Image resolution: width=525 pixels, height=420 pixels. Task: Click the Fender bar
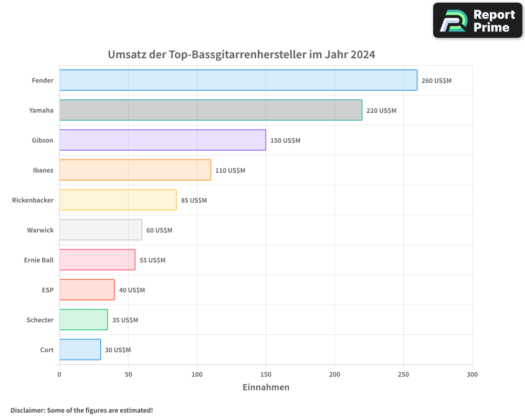[238, 80]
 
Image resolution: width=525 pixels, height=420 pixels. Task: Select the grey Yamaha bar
[211, 110]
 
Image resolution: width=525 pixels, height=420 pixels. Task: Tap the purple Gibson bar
[162, 140]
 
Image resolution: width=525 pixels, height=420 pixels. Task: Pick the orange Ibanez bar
[135, 170]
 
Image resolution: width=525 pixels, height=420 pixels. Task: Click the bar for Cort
[80, 350]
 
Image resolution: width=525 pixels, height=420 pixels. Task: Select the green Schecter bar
[83, 320]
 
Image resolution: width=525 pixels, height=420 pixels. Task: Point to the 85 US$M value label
[194, 201]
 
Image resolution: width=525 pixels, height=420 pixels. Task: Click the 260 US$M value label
[436, 81]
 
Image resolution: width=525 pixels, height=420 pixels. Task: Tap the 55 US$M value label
[152, 260]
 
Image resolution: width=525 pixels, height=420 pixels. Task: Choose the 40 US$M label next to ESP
[132, 290]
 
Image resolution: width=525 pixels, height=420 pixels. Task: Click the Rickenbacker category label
[33, 200]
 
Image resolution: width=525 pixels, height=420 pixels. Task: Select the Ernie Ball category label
[39, 260]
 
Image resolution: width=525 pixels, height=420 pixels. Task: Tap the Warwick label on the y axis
[40, 230]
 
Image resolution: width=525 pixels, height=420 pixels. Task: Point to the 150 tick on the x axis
[266, 374]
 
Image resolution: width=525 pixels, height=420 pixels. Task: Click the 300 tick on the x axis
[472, 374]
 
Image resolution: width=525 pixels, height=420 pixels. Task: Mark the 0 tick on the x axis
[59, 374]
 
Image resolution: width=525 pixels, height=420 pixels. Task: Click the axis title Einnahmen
[266, 387]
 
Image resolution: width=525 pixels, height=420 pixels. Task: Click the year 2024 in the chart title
[363, 55]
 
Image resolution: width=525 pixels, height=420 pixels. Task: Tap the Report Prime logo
[477, 20]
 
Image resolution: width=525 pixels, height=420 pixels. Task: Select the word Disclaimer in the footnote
[27, 410]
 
